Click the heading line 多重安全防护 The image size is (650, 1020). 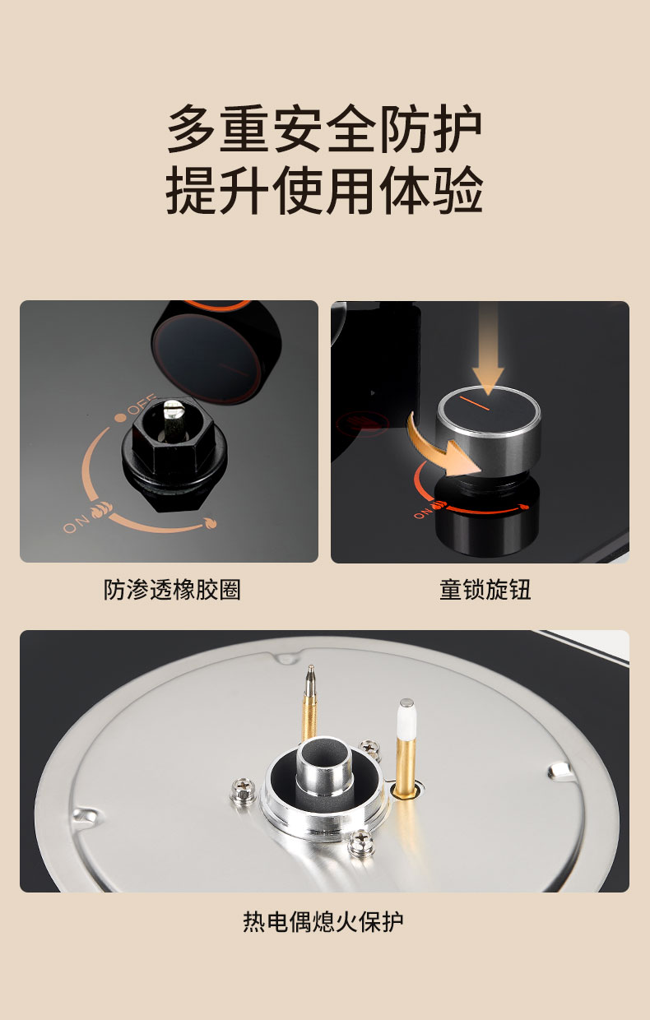[x=324, y=128]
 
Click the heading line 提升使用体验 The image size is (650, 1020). [x=324, y=189]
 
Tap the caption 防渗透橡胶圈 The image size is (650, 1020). [x=172, y=590]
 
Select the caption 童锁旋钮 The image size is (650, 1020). [x=485, y=590]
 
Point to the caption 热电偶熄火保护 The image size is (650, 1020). [x=323, y=921]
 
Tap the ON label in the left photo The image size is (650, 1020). [x=76, y=524]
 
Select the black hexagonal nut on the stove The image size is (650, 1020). [x=168, y=437]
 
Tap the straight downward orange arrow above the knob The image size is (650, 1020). [x=487, y=348]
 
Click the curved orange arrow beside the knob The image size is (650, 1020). [x=442, y=448]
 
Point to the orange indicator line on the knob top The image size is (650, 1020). [x=475, y=403]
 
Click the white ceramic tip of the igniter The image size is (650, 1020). [x=406, y=719]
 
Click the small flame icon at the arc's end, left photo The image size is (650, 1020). [x=210, y=524]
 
